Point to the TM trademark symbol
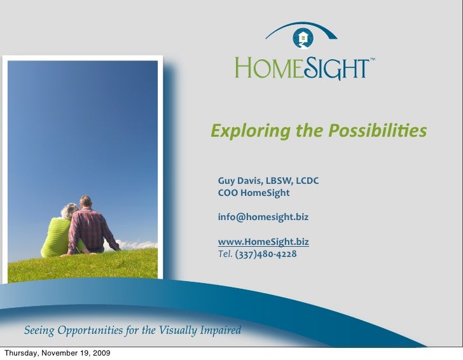coord(373,59)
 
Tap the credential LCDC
coord(305,181)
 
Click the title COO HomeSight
coord(253,193)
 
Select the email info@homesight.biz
coord(263,217)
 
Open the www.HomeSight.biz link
coord(263,242)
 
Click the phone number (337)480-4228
coord(265,254)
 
